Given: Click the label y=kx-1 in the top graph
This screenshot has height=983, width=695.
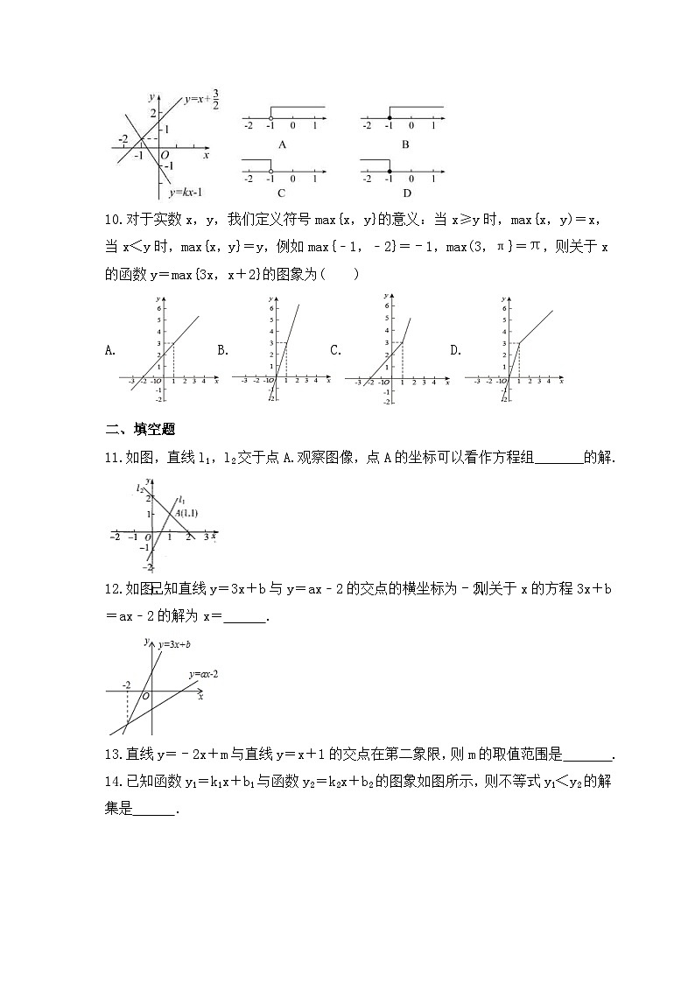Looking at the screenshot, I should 186,192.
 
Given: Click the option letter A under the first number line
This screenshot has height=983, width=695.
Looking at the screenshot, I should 282,144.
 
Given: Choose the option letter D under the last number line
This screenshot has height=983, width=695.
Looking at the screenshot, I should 406,193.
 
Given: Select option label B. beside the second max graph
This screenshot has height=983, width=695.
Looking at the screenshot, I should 223,350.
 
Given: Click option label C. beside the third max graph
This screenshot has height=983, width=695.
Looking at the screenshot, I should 335,350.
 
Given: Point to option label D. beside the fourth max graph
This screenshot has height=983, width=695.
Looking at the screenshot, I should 455,350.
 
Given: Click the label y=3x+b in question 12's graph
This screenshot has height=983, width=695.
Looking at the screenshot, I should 174,644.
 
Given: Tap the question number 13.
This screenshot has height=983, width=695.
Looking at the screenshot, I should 113,755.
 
